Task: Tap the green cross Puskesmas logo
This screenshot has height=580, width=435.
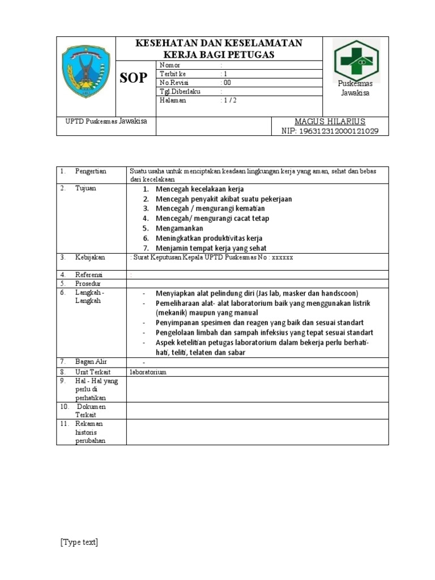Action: coord(356,59)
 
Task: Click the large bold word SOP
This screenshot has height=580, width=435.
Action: coord(134,78)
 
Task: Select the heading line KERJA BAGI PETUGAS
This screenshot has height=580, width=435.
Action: coord(219,54)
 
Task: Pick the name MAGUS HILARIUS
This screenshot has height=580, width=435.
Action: coord(330,122)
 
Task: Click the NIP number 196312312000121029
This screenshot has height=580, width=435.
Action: coord(330,131)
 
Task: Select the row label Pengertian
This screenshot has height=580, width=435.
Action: coord(91,171)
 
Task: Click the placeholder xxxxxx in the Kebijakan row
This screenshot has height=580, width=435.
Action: coord(283,257)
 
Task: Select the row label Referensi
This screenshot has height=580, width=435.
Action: coord(89,275)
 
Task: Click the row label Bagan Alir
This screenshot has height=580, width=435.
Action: coord(91,361)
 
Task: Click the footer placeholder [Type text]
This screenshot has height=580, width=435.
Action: coord(79,542)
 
